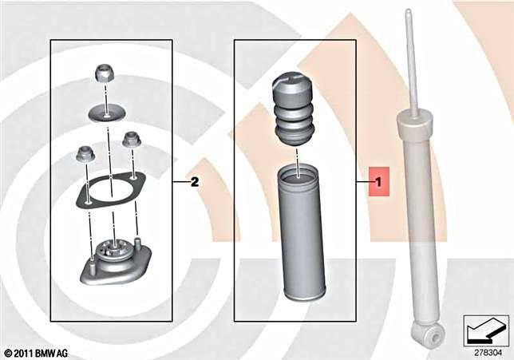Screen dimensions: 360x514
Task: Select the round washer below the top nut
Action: click(x=105, y=112)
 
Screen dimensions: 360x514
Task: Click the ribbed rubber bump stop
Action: click(x=296, y=109)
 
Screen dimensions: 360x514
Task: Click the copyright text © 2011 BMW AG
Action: click(x=35, y=352)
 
